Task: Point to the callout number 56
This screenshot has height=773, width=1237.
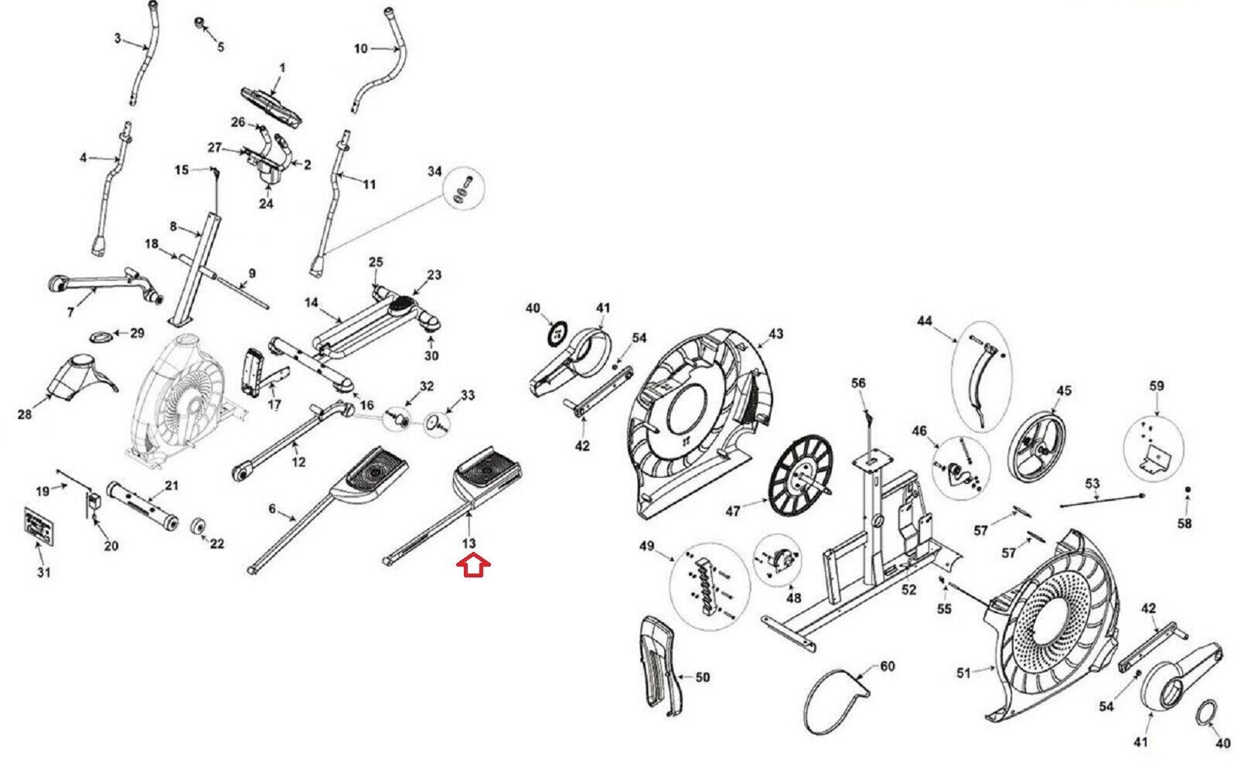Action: click(859, 383)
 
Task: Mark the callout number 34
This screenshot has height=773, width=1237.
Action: click(434, 171)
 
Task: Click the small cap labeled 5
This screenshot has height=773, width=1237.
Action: click(202, 22)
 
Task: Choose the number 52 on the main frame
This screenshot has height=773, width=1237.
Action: click(909, 590)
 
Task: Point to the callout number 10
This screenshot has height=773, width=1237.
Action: click(361, 49)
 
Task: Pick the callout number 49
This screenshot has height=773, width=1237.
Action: click(646, 547)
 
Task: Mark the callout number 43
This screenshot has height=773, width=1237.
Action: click(776, 334)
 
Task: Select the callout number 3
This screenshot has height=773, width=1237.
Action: click(118, 37)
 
